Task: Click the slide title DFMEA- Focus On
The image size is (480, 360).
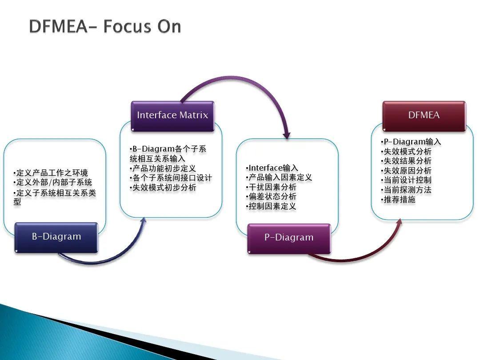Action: pyautogui.click(x=105, y=27)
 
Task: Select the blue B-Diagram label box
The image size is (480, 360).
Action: pyautogui.click(x=56, y=237)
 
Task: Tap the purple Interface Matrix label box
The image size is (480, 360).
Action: pyautogui.click(x=172, y=116)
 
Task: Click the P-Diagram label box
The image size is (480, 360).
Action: pyautogui.click(x=289, y=238)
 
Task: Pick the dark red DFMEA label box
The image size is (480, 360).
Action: pyautogui.click(x=424, y=116)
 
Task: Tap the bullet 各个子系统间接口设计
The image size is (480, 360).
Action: pyautogui.click(x=171, y=178)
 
